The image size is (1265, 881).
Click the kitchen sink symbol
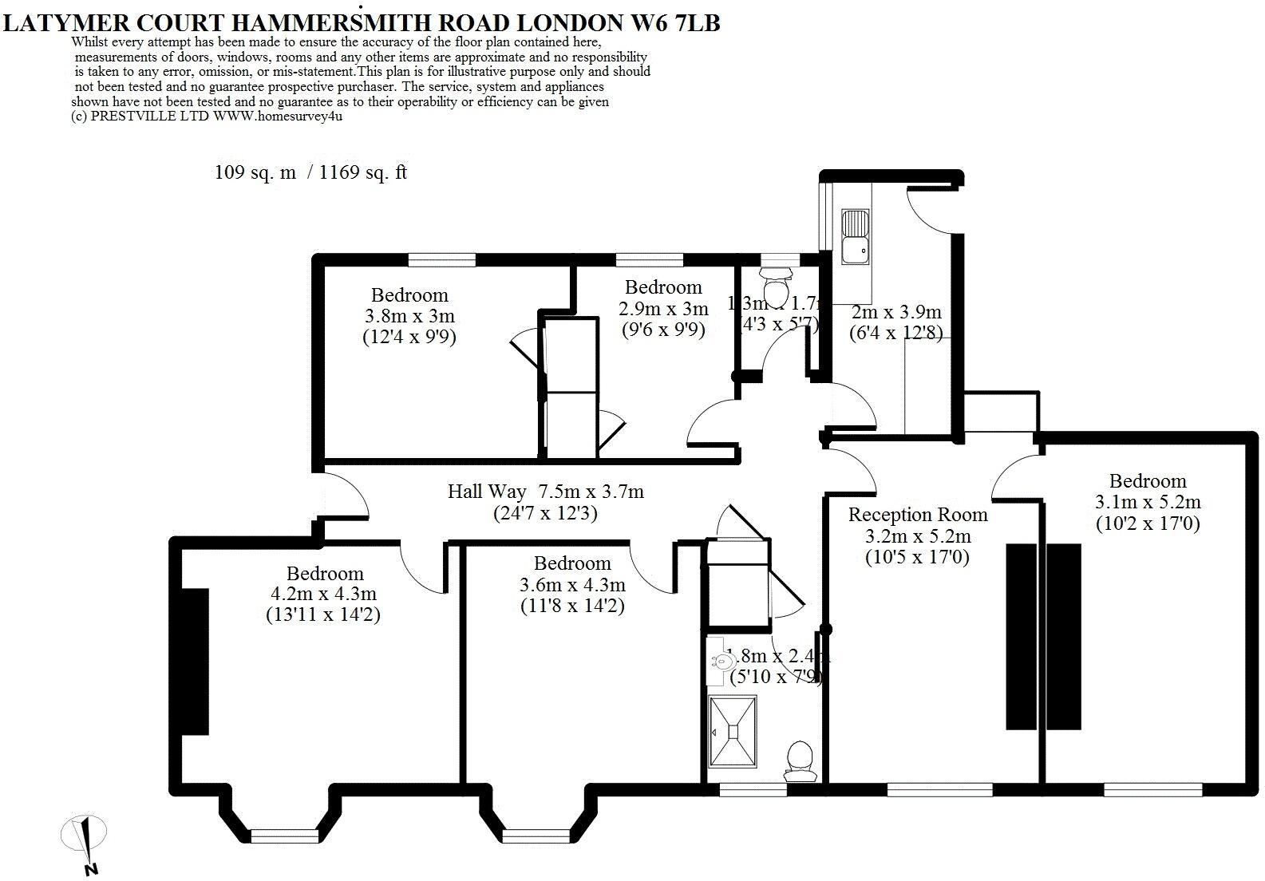click(x=856, y=237)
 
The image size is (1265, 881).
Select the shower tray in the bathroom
click(x=733, y=731)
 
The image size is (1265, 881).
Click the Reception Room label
click(x=917, y=515)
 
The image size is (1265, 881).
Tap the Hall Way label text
click(x=486, y=492)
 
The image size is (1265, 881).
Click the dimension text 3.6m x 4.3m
click(x=571, y=585)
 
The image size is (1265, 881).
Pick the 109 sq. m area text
click(x=255, y=172)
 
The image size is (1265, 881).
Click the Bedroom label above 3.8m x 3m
click(x=409, y=295)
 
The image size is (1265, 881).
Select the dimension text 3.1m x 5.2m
click(x=1148, y=502)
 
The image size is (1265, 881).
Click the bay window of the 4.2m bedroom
click(x=284, y=835)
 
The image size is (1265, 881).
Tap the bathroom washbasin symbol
click(x=724, y=661)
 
